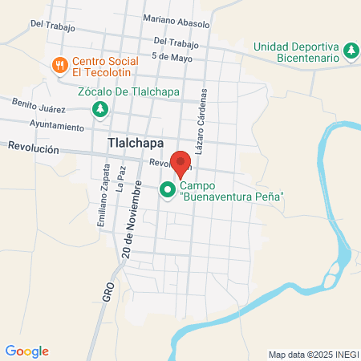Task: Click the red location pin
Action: [181, 163]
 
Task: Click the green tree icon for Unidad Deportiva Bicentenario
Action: [350, 51]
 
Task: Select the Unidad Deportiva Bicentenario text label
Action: [297, 52]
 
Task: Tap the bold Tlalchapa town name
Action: [134, 143]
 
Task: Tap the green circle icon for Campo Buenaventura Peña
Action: [168, 190]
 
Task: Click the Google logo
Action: [27, 351]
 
